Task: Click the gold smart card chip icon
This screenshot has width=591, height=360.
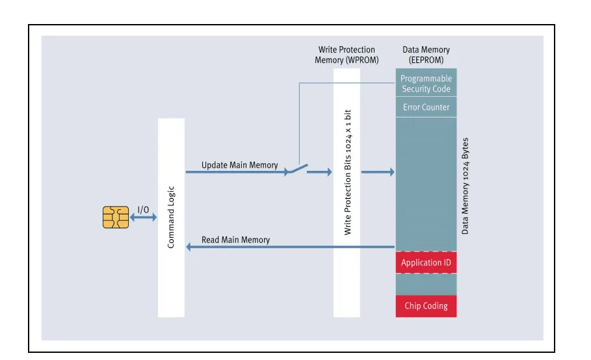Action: pos(116,217)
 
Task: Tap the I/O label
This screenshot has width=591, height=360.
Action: pos(143,210)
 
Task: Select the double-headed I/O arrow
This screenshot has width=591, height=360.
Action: pos(143,217)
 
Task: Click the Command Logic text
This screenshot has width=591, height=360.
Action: pos(171,217)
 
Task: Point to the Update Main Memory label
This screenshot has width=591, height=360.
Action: pos(240,165)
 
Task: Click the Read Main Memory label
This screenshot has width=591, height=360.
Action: pos(235,240)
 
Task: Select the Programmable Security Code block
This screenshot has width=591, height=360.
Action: pos(426,83)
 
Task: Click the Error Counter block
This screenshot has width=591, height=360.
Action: pos(426,107)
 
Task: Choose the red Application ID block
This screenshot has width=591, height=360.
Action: pos(426,263)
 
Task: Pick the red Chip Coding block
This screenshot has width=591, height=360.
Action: pos(426,306)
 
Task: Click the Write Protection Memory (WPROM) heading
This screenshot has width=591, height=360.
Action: pos(347,55)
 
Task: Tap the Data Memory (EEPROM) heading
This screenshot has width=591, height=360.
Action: pos(426,55)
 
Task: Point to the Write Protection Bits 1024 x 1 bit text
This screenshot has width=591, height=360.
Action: pos(348,172)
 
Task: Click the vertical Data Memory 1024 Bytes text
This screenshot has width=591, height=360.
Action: pos(465,186)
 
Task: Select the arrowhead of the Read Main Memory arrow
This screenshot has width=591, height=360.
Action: pos(189,247)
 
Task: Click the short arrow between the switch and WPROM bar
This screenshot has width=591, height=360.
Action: pos(320,172)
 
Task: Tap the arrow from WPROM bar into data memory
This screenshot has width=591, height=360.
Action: pos(378,172)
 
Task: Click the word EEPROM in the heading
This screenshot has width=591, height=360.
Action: pos(426,60)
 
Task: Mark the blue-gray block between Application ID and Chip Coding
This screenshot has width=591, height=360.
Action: pos(426,285)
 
